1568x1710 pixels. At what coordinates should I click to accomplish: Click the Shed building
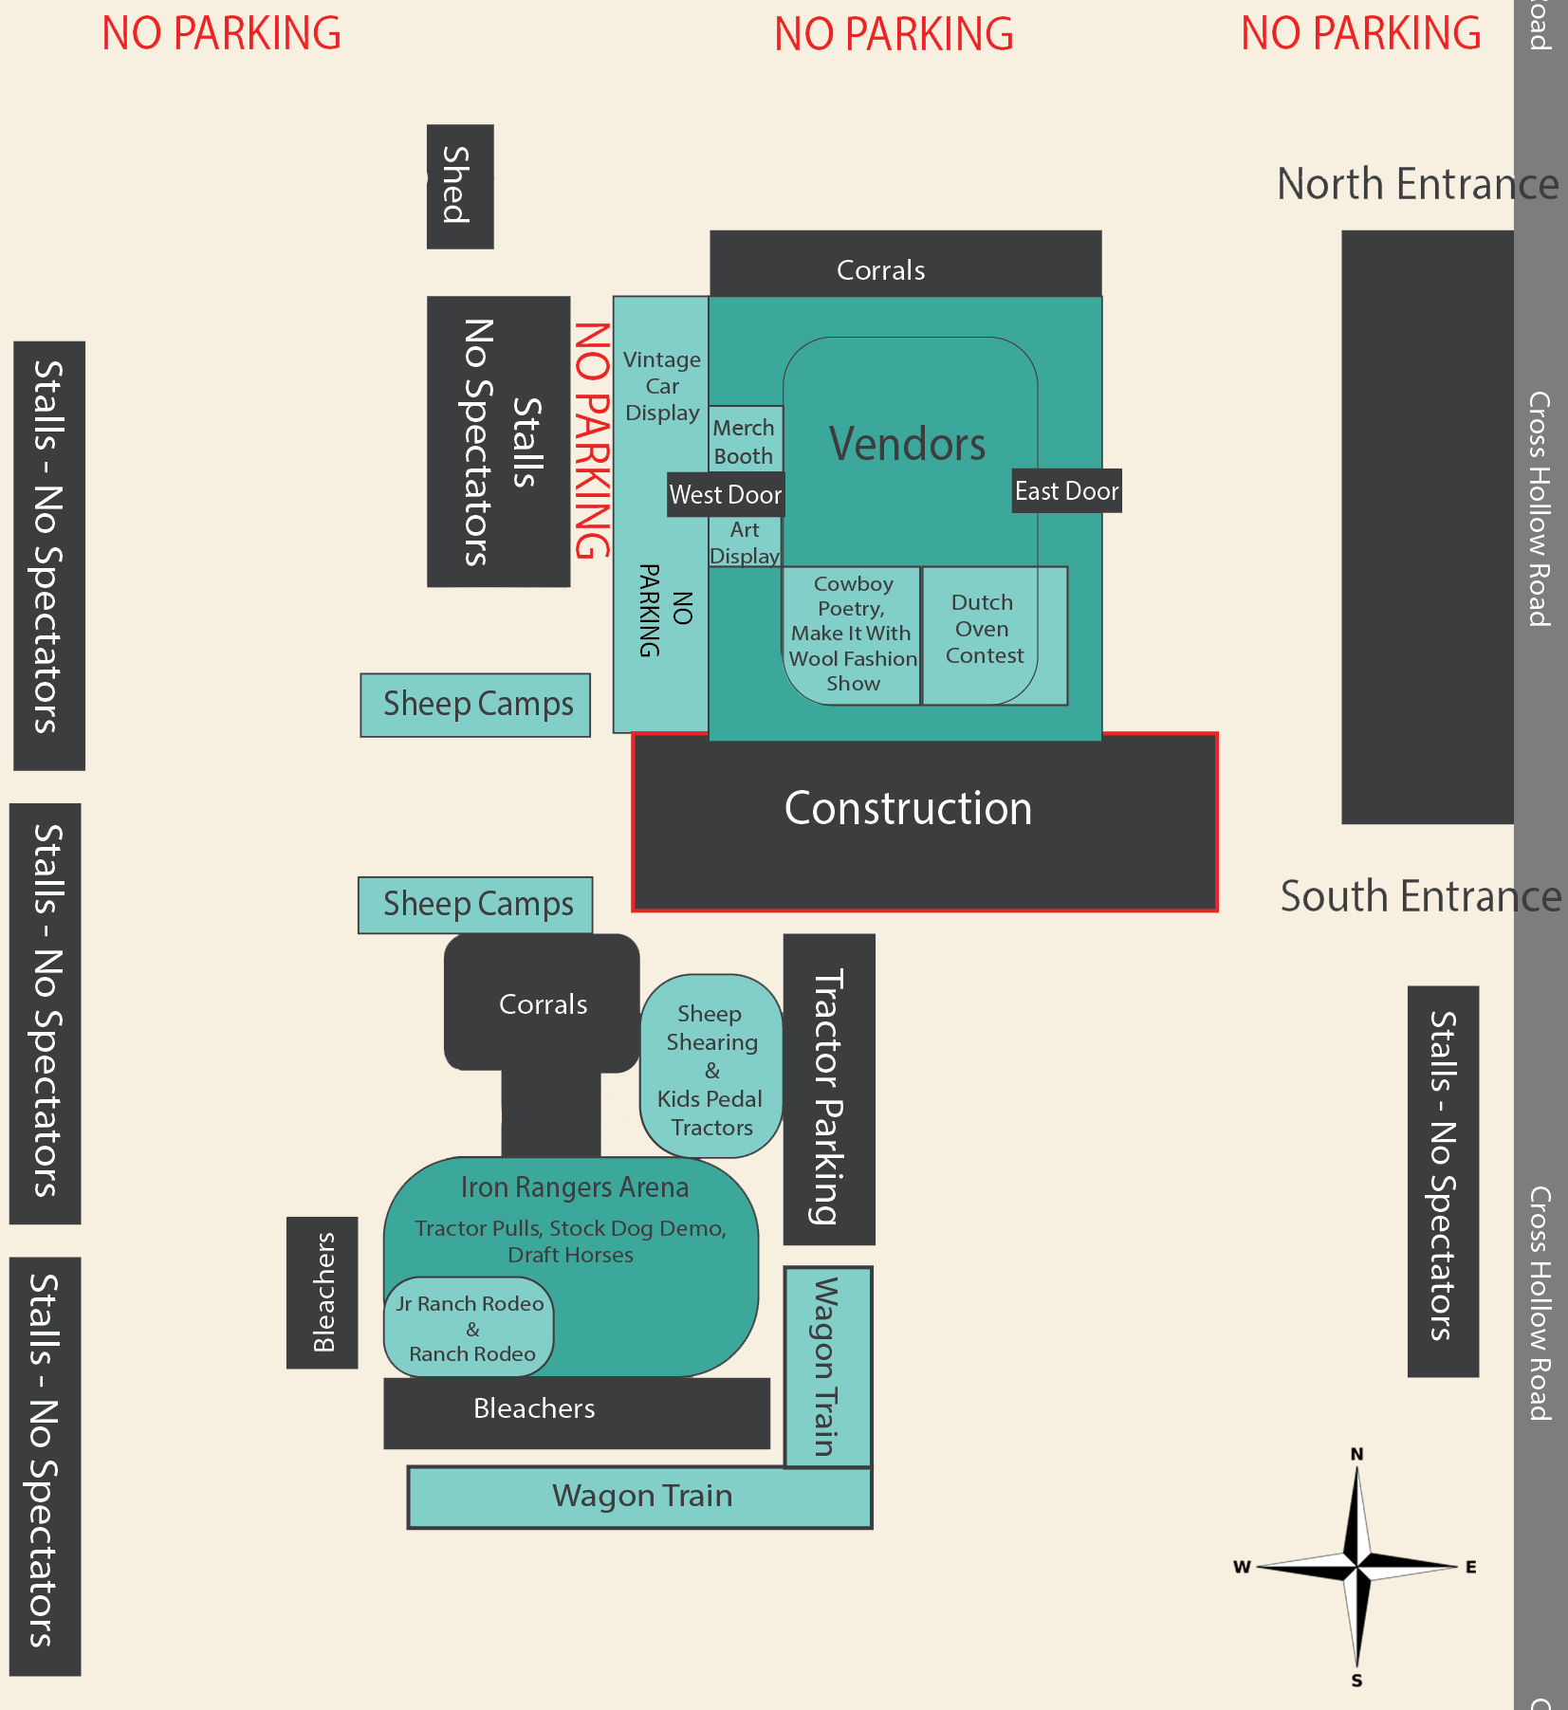click(x=460, y=186)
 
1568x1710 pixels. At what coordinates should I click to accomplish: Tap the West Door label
click(x=726, y=494)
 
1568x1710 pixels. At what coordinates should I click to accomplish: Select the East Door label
click(x=1066, y=490)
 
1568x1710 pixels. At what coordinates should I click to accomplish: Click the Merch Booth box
click(x=745, y=441)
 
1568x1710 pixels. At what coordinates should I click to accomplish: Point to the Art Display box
click(x=746, y=543)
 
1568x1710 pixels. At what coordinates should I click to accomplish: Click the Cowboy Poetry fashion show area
click(x=852, y=634)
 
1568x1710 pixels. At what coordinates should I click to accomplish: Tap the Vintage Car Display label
click(x=662, y=386)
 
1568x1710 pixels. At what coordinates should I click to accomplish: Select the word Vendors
click(x=908, y=444)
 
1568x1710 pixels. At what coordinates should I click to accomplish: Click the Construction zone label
click(x=908, y=809)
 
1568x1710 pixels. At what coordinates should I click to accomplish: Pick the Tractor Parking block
click(x=828, y=1089)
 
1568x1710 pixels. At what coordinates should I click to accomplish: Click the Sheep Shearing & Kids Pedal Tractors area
click(x=711, y=1069)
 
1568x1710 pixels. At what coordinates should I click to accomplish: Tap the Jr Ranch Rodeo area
click(x=470, y=1329)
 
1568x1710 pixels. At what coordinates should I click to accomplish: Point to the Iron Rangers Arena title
click(x=575, y=1187)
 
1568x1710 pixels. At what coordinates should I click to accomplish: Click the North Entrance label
click(x=1416, y=184)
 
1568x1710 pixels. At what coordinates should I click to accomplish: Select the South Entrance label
click(x=1419, y=896)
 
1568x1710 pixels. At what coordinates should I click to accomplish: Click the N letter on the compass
click(x=1357, y=1454)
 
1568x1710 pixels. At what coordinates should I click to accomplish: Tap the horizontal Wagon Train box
click(x=641, y=1496)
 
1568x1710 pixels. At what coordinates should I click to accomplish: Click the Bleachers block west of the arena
click(x=323, y=1292)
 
